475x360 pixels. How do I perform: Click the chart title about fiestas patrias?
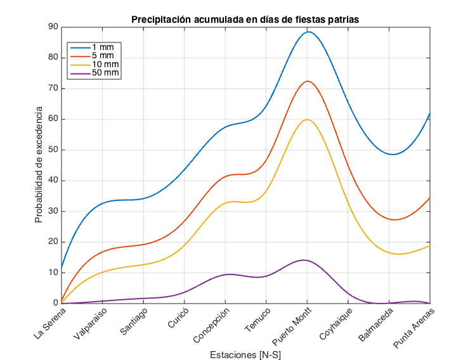click(245, 20)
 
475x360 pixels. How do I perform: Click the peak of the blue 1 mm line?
click(308, 32)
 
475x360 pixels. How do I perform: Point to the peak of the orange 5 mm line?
click(308, 81)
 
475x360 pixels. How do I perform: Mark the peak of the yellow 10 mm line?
click(308, 119)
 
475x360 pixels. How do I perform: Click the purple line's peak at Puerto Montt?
click(304, 260)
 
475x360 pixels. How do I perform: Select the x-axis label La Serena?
click(48, 320)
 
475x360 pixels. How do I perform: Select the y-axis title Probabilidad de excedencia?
click(39, 165)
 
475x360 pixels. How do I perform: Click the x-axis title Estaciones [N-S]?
click(245, 355)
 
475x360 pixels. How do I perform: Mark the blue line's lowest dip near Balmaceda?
click(393, 154)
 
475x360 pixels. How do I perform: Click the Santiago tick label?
click(133, 320)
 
